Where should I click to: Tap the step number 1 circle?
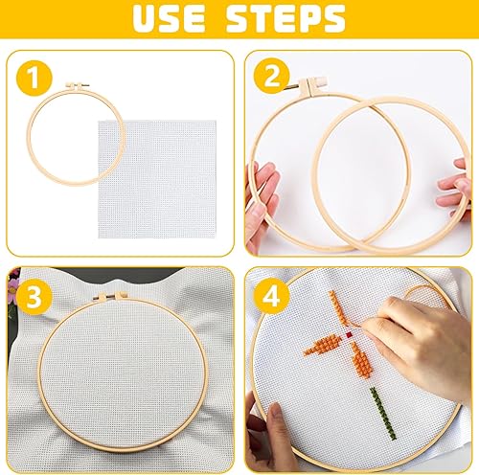pyautogui.click(x=34, y=79)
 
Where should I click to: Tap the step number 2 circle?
pyautogui.click(x=271, y=77)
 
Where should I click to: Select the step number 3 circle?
pyautogui.click(x=34, y=297)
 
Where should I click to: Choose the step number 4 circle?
pyautogui.click(x=271, y=297)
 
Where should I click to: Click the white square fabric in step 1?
pyautogui.click(x=157, y=179)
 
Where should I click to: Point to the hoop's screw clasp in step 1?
pyautogui.click(x=77, y=86)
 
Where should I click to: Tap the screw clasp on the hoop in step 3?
pyautogui.click(x=109, y=296)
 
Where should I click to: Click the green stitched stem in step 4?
pyautogui.click(x=383, y=414)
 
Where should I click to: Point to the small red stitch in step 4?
pyautogui.click(x=349, y=334)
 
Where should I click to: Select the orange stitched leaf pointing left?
pyautogui.click(x=323, y=345)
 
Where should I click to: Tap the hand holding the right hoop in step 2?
pyautogui.click(x=455, y=190)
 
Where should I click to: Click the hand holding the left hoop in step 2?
pyautogui.click(x=261, y=204)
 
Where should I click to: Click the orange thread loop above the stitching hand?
pyautogui.click(x=424, y=295)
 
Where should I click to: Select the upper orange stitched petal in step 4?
pyautogui.click(x=338, y=308)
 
